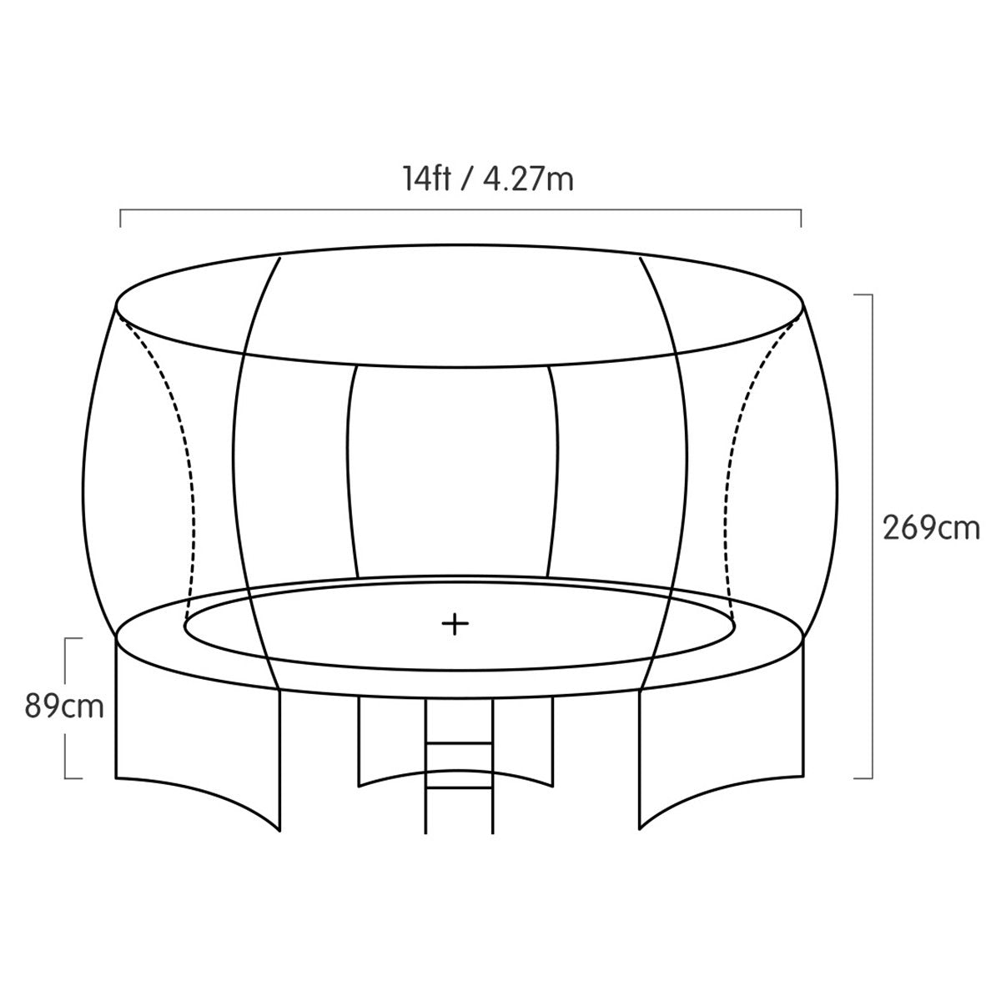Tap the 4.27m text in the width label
point(528,179)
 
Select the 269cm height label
point(932,529)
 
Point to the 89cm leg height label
point(64,707)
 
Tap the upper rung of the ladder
point(459,744)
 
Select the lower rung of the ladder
point(459,788)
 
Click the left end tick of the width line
point(120,219)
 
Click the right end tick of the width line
point(801,219)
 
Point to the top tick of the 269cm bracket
point(863,294)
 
